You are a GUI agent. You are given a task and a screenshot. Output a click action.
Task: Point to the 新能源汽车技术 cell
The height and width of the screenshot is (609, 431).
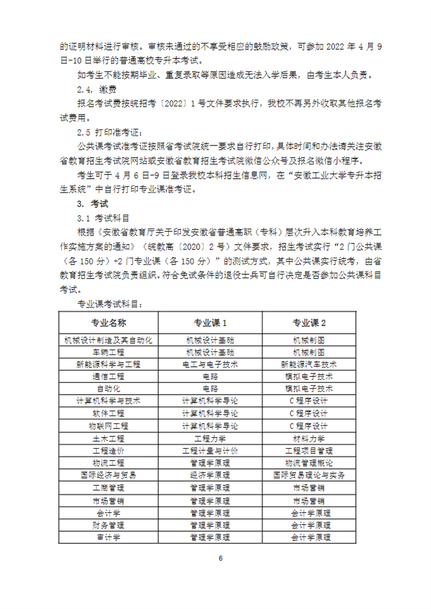point(309,364)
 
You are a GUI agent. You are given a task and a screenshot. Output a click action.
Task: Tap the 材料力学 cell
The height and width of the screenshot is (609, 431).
point(309,438)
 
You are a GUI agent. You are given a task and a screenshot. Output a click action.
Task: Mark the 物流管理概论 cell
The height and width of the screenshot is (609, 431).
point(309,463)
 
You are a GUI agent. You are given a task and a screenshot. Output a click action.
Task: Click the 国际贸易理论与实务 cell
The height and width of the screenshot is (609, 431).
point(309,475)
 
